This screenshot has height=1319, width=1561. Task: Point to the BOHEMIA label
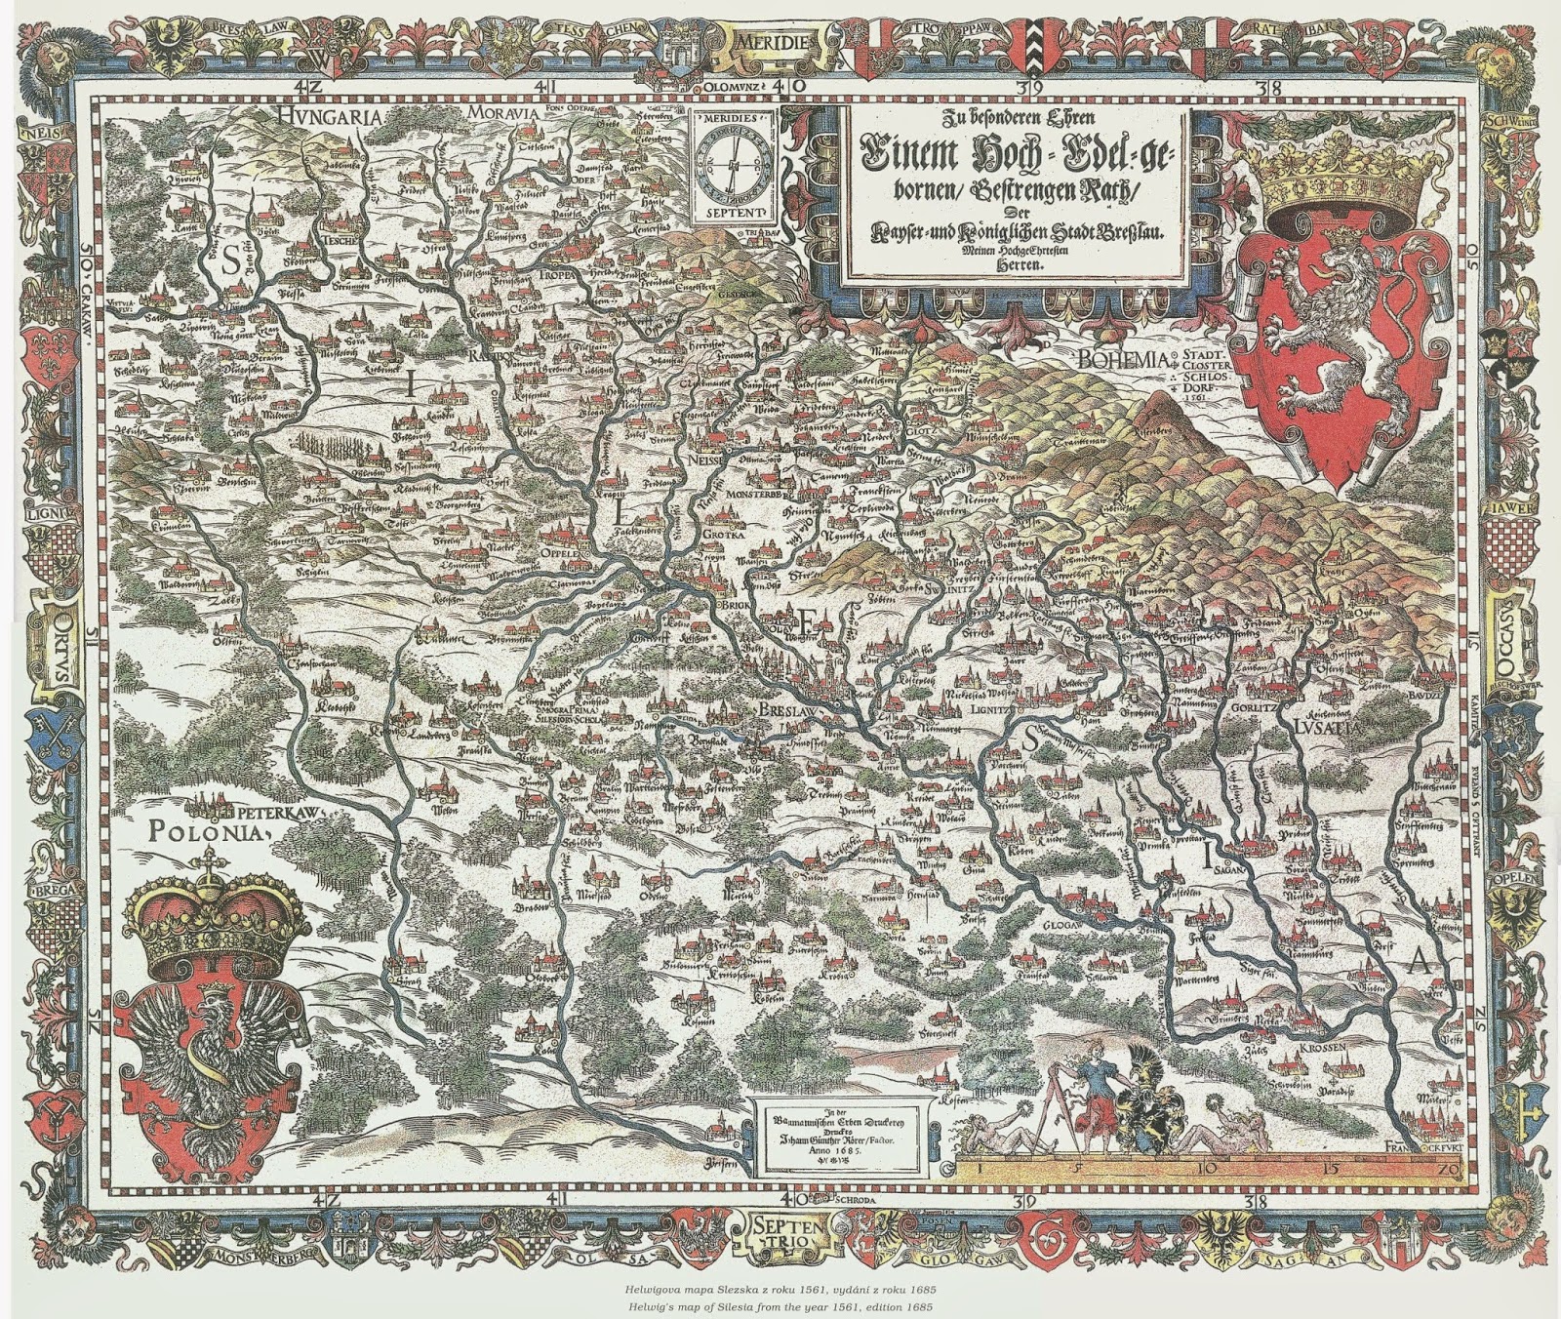(x=1123, y=360)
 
